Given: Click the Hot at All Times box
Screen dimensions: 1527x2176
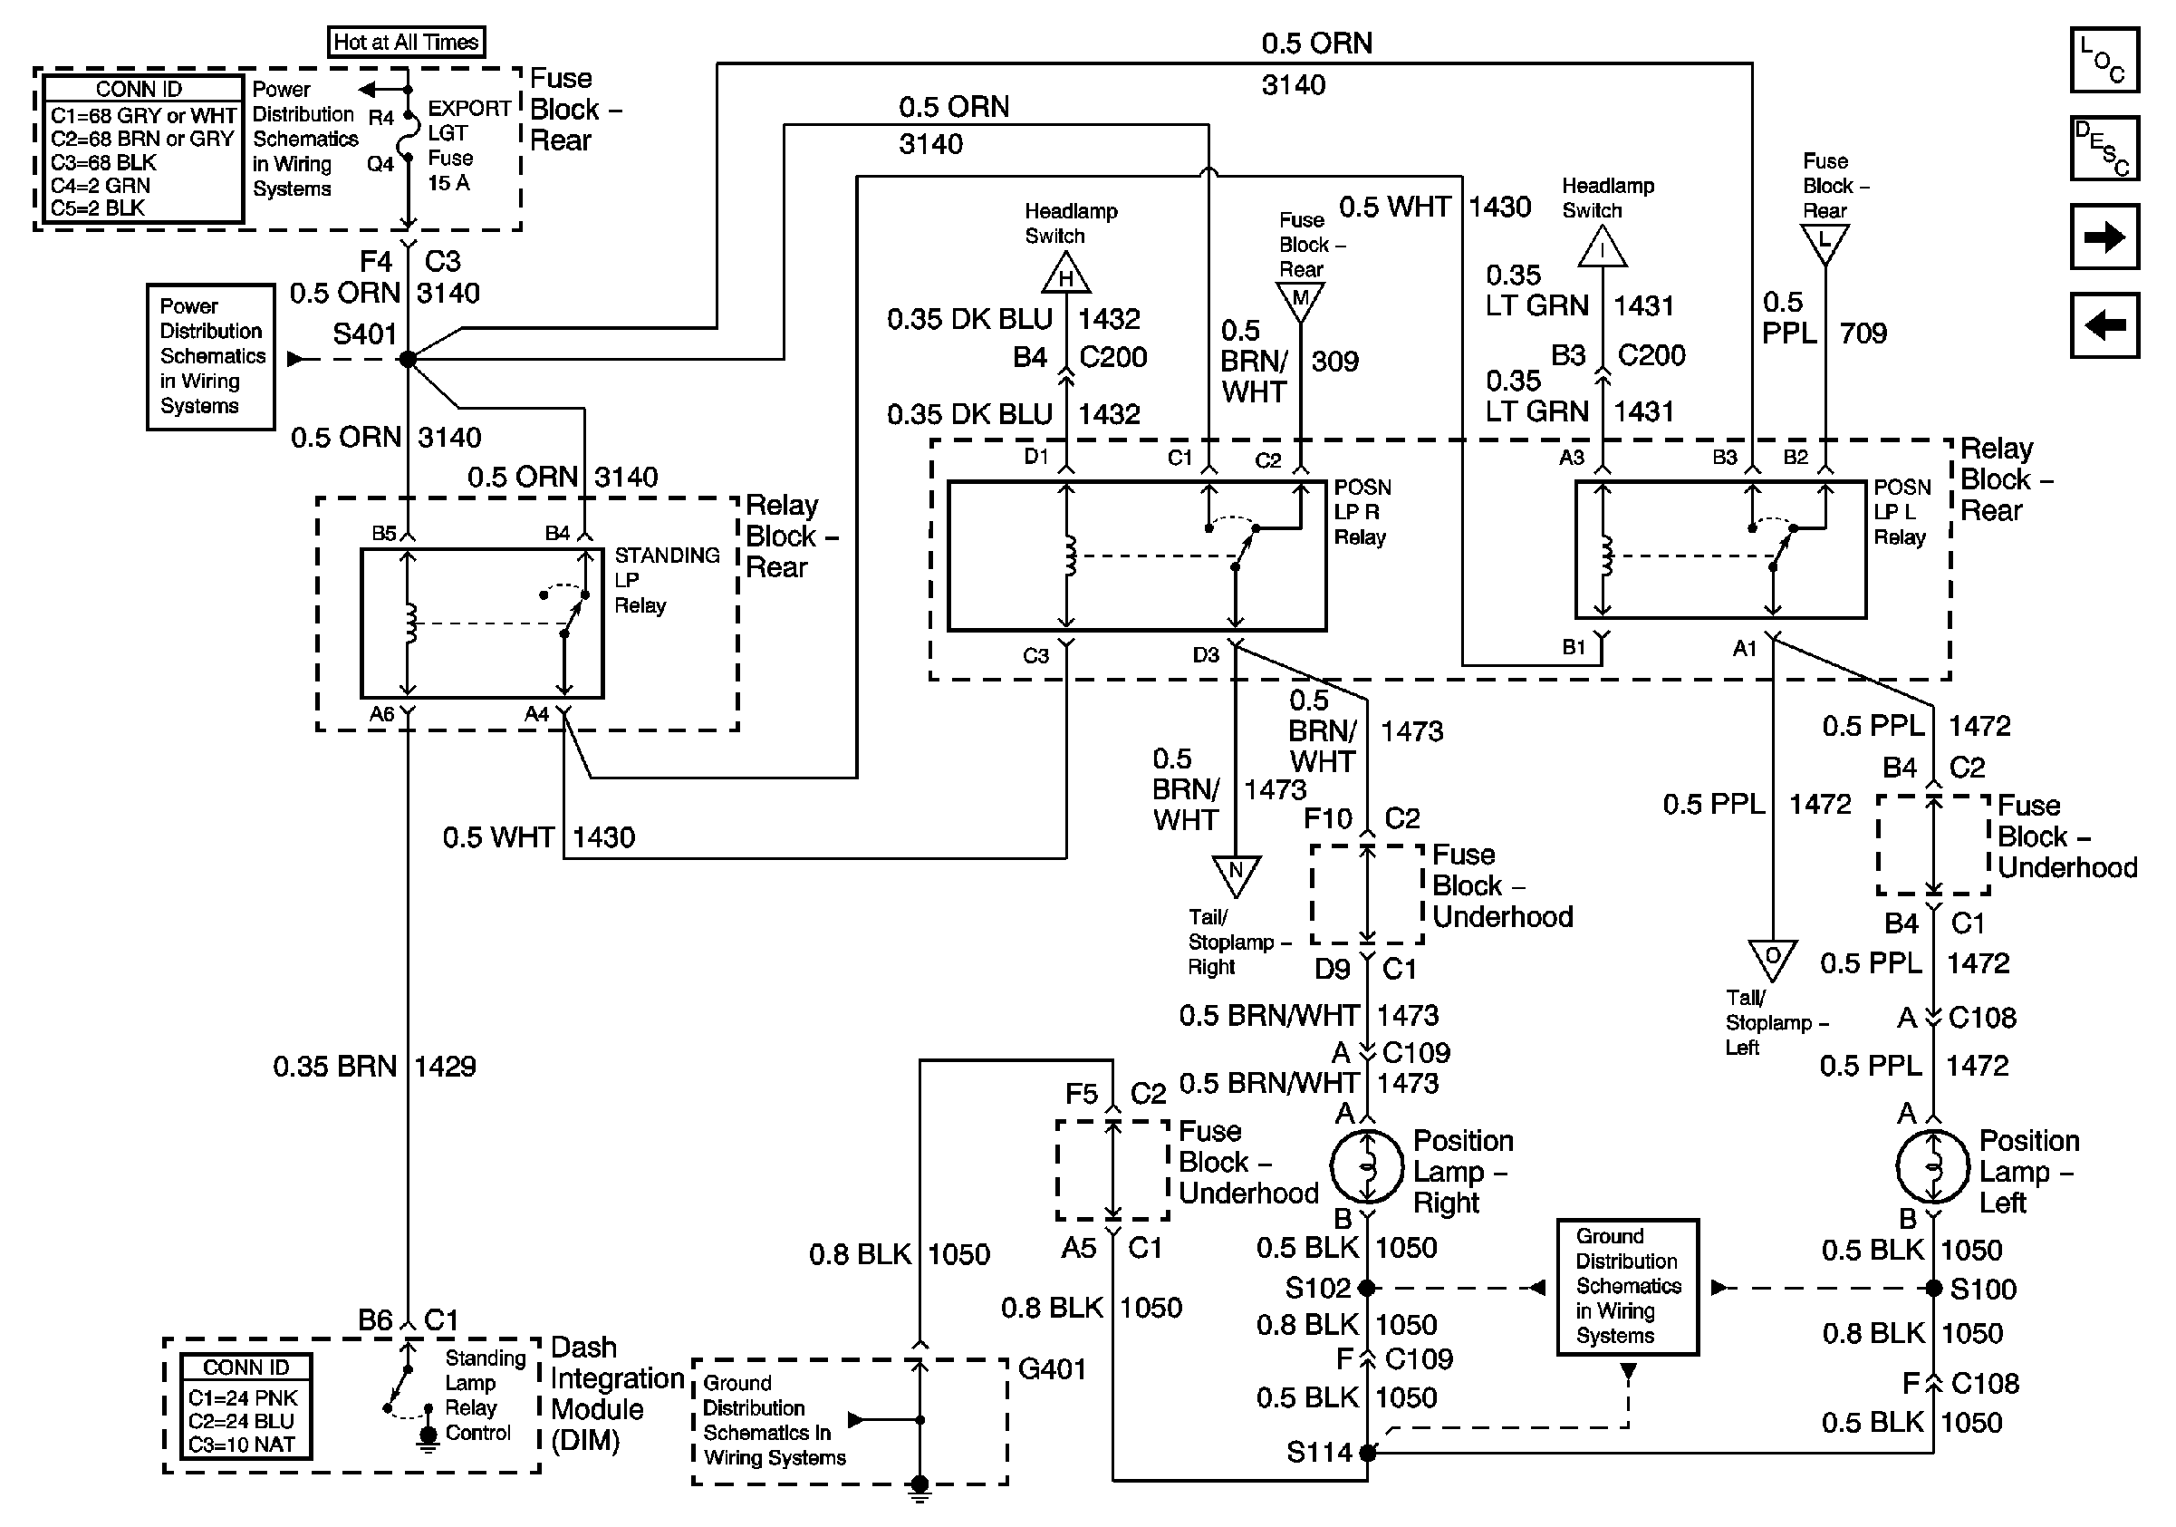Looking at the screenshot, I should tap(406, 42).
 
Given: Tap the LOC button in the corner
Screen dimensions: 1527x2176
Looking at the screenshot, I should tap(2104, 60).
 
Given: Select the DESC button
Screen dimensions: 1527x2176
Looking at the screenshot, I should tap(2104, 148).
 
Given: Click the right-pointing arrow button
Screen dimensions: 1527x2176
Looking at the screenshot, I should tap(2104, 237).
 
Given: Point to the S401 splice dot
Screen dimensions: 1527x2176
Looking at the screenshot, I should tap(408, 359).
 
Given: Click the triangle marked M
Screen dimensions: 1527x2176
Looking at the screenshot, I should tap(1300, 301).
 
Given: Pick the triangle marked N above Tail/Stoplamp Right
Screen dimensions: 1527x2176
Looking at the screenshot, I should tap(1236, 873).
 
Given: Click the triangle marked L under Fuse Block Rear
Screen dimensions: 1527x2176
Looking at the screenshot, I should tap(1825, 243).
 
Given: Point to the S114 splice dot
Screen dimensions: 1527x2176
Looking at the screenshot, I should tap(1368, 1452).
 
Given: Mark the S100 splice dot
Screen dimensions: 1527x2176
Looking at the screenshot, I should tap(1933, 1288).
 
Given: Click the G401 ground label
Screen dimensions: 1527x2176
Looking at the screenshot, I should tap(1052, 1368).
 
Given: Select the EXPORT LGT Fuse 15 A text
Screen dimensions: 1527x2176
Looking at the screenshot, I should tap(468, 145).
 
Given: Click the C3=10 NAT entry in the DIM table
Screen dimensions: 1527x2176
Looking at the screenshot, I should tap(242, 1445).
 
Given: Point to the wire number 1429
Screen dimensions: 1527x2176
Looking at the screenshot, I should tap(446, 1067).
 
